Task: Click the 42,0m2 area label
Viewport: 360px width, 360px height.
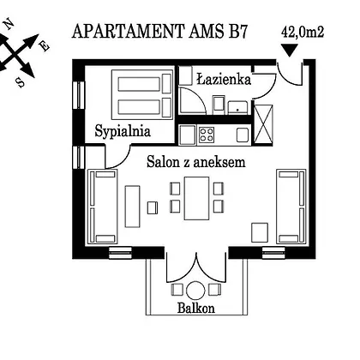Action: click(303, 32)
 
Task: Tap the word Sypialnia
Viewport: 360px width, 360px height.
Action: click(123, 131)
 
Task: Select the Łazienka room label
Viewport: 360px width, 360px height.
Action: click(224, 79)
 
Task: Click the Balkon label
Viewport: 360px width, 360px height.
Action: click(196, 308)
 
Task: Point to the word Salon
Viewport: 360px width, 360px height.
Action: click(163, 162)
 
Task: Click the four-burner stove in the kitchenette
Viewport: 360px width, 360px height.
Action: click(207, 135)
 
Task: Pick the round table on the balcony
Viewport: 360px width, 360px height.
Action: click(195, 291)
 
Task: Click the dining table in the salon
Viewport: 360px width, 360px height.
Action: click(196, 198)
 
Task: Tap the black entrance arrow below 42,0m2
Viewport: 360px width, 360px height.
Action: click(290, 51)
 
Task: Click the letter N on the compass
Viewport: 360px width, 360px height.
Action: click(10, 24)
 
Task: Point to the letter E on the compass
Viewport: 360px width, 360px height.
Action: click(45, 46)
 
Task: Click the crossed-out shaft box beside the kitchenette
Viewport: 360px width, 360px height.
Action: click(263, 123)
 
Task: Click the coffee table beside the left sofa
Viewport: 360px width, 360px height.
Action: click(133, 207)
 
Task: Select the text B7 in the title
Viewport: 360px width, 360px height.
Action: click(237, 32)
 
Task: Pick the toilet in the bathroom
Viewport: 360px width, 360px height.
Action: click(219, 105)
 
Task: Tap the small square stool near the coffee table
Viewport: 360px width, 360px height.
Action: click(153, 207)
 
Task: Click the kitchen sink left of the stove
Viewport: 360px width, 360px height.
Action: click(188, 135)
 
